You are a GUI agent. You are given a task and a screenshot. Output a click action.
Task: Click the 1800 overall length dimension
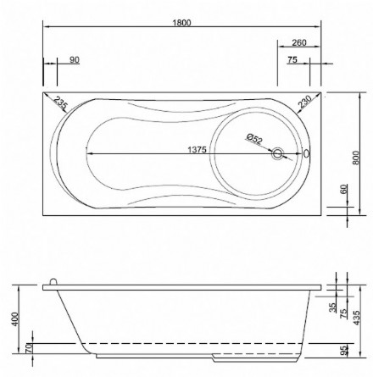click(x=181, y=22)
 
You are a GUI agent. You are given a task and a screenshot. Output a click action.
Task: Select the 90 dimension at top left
click(x=75, y=59)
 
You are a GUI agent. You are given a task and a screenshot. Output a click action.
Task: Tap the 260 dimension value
click(x=298, y=42)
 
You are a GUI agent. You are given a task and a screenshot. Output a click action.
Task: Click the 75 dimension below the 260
click(x=292, y=59)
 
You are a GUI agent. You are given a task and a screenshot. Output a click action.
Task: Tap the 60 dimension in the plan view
click(x=343, y=190)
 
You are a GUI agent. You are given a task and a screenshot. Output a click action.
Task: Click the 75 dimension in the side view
click(x=343, y=313)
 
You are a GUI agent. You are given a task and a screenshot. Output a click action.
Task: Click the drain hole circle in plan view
click(x=276, y=154)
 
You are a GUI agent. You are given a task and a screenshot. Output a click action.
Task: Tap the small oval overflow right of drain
click(x=306, y=154)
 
